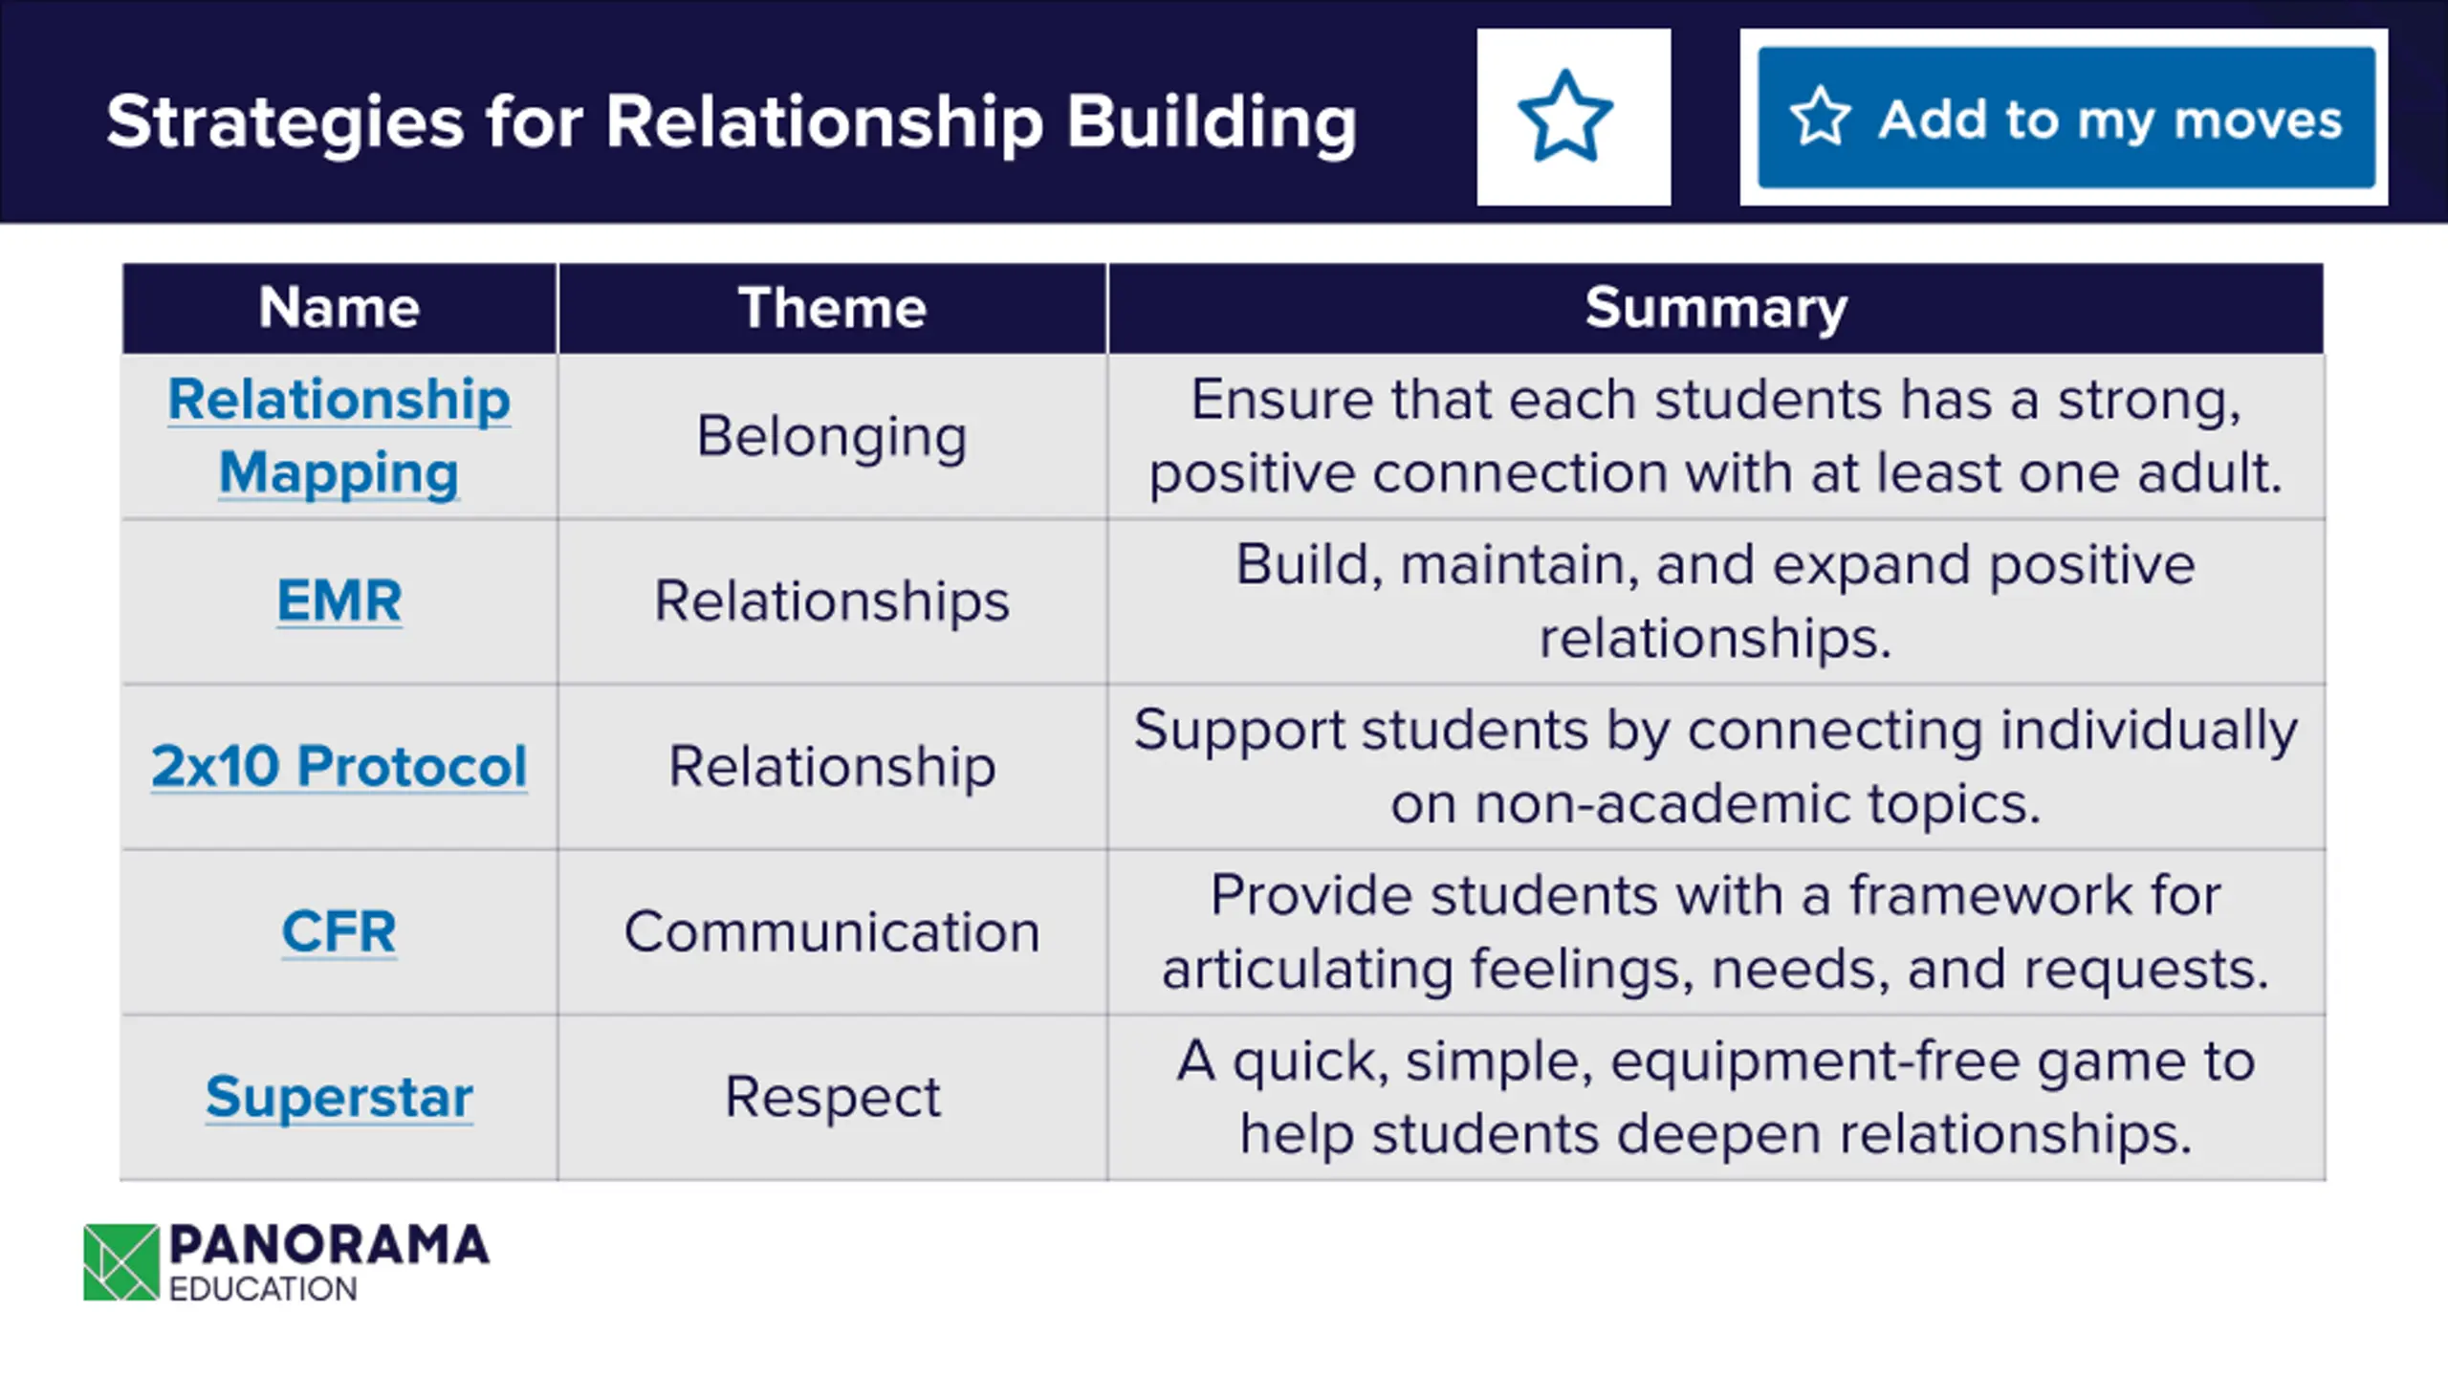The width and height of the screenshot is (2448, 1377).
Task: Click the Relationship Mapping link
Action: tap(339, 435)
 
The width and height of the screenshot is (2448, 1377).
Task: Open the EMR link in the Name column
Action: tap(339, 601)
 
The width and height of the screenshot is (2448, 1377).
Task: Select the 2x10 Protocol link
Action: tap(339, 766)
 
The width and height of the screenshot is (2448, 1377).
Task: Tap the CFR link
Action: tap(339, 931)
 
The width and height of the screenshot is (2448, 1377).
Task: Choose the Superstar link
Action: tap(339, 1096)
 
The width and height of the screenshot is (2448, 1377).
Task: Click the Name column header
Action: tap(339, 308)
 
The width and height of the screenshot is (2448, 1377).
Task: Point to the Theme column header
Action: tap(832, 308)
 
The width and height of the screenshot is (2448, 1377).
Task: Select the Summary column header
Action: tap(1716, 308)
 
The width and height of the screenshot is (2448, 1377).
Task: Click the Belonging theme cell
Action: tap(832, 436)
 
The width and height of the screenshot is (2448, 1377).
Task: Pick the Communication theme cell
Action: tap(832, 931)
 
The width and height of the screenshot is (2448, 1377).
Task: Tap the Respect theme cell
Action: tap(832, 1096)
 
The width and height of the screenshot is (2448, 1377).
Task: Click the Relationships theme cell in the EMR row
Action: tap(832, 601)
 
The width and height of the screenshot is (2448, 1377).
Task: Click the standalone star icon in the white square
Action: tap(1565, 117)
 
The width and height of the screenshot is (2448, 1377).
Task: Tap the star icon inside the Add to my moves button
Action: tap(1820, 117)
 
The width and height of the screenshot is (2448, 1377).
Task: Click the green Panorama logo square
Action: tap(121, 1262)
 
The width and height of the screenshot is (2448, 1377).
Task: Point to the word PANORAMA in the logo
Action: tap(329, 1246)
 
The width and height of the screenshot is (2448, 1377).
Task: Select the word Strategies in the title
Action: tap(285, 122)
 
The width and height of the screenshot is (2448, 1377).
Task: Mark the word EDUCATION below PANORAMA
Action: tap(263, 1289)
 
